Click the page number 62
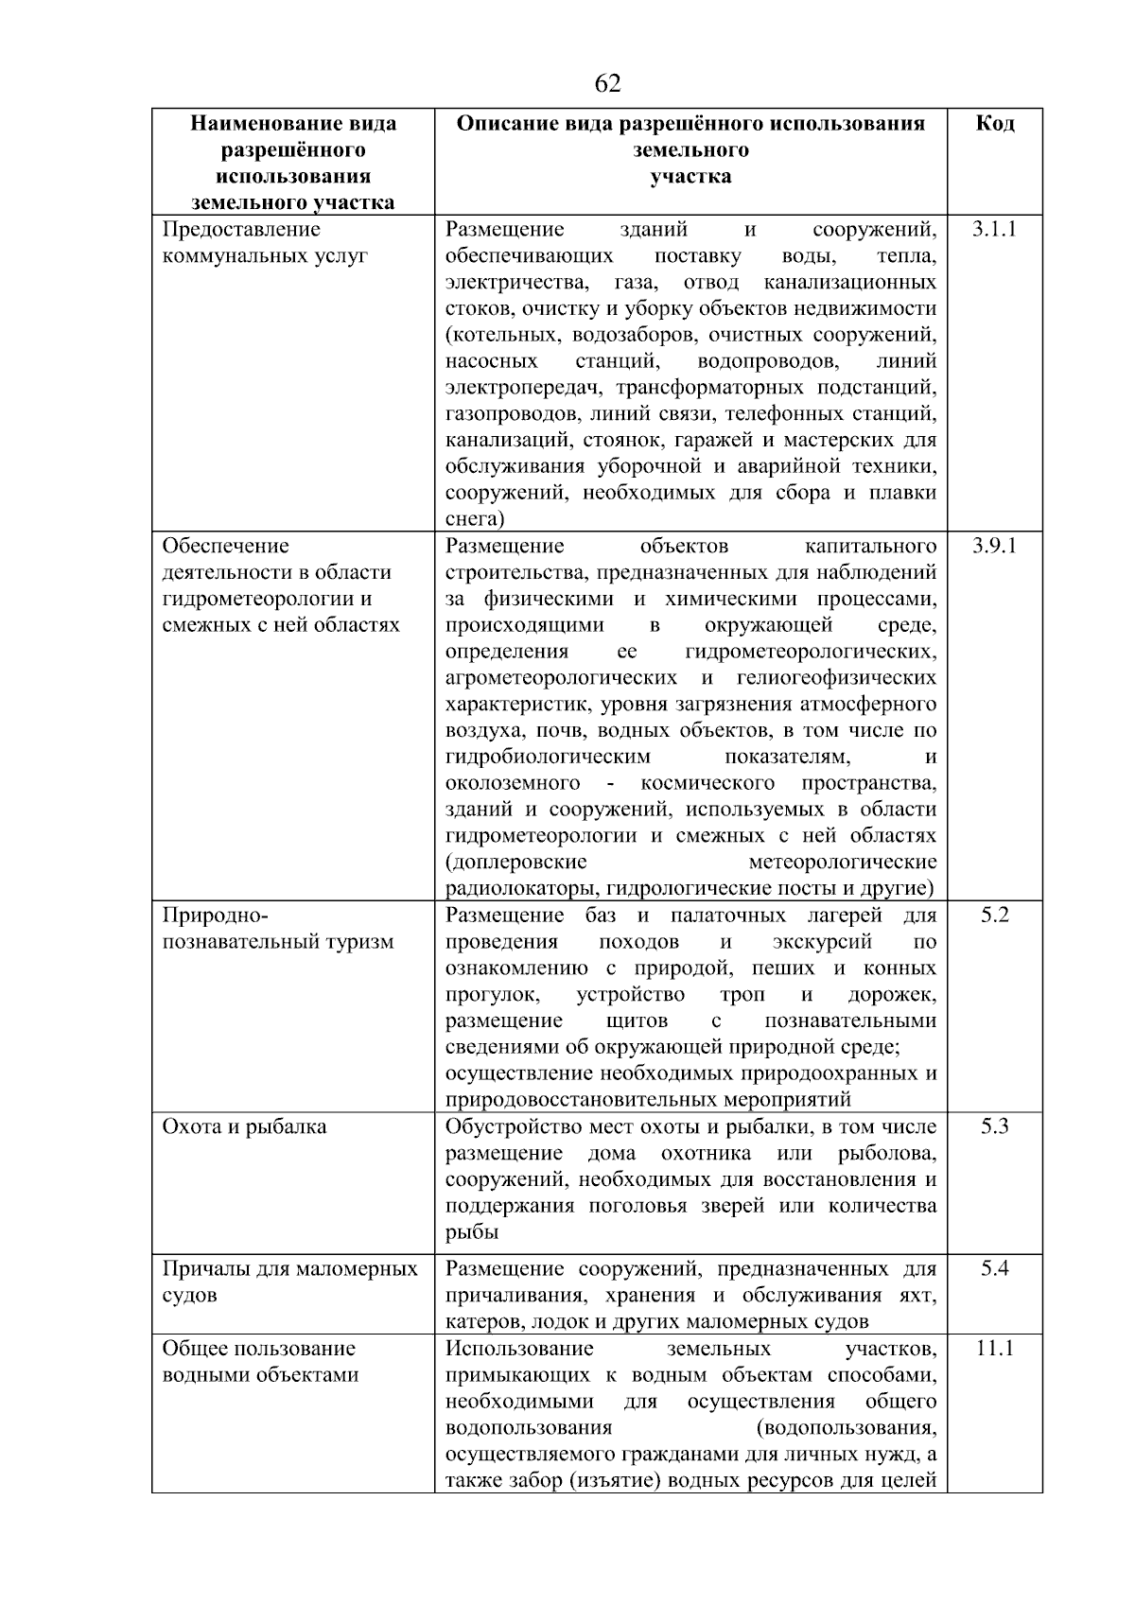[x=607, y=84]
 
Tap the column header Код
[x=994, y=124]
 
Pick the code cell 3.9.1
[x=994, y=547]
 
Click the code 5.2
[x=994, y=916]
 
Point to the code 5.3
[x=994, y=1127]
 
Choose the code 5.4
[x=994, y=1269]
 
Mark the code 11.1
[x=994, y=1349]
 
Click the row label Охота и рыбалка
[x=244, y=1127]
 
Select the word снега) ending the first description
[x=475, y=519]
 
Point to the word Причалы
[x=201, y=1269]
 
